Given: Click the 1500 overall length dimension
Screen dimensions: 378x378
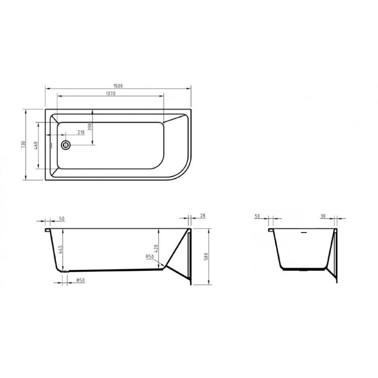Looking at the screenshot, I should (118, 85).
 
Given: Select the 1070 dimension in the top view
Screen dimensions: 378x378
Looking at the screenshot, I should (111, 94).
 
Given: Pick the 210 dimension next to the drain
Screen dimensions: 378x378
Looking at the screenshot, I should (81, 133).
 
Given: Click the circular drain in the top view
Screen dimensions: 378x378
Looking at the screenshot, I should (66, 145).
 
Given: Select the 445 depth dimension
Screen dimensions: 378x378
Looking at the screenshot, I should (61, 249).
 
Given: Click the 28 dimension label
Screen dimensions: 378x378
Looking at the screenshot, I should (203, 216).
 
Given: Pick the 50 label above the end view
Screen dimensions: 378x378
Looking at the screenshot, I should (258, 216).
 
